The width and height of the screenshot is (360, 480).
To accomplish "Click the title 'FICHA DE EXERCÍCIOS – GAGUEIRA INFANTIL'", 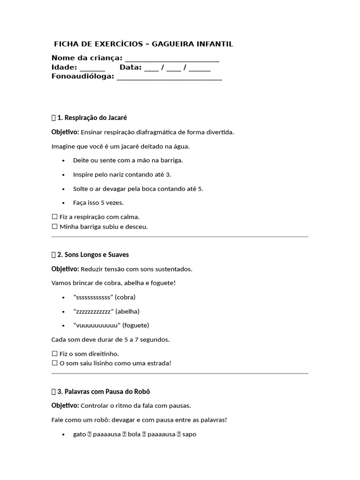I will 143,44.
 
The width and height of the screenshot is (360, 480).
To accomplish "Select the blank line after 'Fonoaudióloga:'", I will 169,77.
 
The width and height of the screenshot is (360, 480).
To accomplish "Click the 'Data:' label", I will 130,67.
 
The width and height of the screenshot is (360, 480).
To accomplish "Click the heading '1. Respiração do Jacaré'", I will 92,118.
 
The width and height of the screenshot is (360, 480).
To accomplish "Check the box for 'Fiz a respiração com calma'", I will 54,217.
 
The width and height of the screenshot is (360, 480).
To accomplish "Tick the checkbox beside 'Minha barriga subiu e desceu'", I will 54,227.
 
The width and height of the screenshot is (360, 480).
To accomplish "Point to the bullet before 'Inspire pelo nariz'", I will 63,174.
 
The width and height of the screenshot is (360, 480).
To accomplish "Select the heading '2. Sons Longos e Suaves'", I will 93,255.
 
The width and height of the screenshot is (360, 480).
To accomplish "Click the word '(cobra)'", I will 126,297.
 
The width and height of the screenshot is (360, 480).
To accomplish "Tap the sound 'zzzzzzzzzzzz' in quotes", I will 93,311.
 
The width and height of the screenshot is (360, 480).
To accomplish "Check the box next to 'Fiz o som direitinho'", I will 54,353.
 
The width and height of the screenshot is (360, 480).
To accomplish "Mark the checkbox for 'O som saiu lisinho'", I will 54,363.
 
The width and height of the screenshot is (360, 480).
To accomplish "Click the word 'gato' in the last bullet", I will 79,435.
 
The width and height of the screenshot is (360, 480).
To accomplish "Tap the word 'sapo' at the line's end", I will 189,435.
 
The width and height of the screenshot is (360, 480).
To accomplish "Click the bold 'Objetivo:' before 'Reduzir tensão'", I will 65,269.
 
